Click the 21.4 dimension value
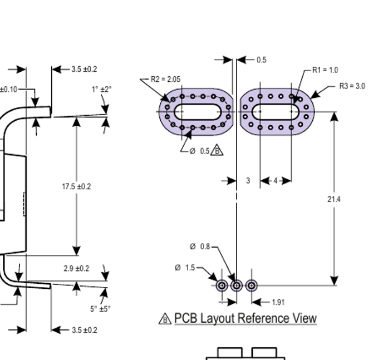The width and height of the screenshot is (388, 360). click(x=334, y=199)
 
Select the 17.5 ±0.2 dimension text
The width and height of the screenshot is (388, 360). click(x=76, y=186)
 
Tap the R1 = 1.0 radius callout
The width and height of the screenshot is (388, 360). click(x=325, y=70)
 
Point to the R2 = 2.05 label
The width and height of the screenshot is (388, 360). click(x=165, y=80)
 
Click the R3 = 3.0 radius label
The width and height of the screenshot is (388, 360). click(x=352, y=86)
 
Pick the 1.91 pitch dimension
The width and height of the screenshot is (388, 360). click(x=278, y=302)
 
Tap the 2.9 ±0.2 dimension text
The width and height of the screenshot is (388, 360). click(x=76, y=269)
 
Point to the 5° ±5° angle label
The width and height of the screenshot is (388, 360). click(x=101, y=309)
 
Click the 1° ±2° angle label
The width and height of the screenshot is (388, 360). click(x=102, y=89)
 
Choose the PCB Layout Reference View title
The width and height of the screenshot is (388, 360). click(x=245, y=318)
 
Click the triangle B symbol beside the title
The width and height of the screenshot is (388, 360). click(x=165, y=319)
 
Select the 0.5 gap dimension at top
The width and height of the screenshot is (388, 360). click(x=262, y=60)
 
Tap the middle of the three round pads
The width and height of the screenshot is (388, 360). click(x=237, y=285)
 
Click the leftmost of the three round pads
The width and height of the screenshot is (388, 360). click(x=222, y=285)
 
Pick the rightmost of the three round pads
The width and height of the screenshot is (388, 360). click(x=251, y=285)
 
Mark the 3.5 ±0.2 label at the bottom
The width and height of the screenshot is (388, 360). click(x=84, y=330)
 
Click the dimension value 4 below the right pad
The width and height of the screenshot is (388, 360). click(x=276, y=181)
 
